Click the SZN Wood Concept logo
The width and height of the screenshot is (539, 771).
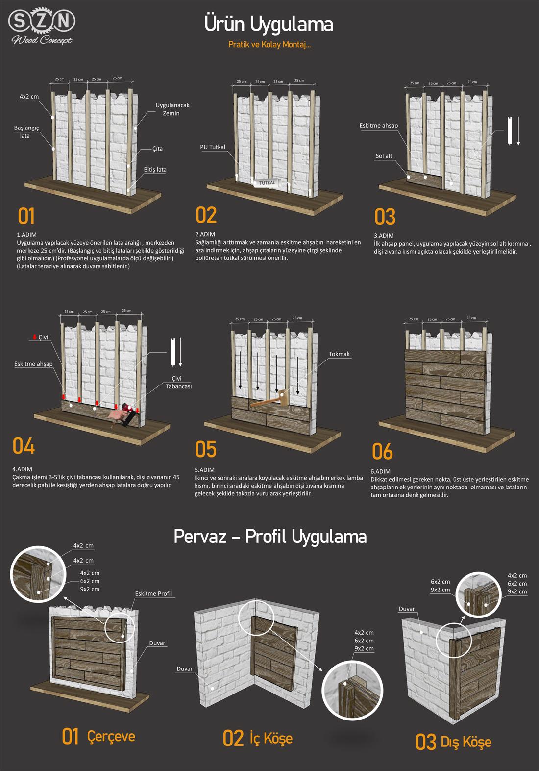click(42, 27)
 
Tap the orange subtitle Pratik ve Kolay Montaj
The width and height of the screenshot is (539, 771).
click(269, 45)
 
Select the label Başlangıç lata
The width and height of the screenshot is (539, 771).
click(26, 132)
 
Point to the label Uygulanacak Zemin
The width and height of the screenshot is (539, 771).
click(172, 109)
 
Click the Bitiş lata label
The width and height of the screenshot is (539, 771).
click(155, 169)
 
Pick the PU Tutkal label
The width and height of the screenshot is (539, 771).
click(213, 147)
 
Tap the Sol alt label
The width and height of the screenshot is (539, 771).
click(384, 156)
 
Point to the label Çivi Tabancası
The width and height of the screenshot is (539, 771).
click(178, 383)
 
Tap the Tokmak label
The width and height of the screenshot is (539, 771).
click(339, 354)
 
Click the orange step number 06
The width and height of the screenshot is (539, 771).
click(382, 451)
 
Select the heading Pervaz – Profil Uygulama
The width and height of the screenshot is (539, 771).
click(270, 537)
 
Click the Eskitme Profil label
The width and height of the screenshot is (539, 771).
click(153, 594)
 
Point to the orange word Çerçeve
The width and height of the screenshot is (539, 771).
click(111, 736)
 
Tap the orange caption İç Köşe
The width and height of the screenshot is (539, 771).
click(271, 738)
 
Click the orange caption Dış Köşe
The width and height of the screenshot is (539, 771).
click(465, 742)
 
